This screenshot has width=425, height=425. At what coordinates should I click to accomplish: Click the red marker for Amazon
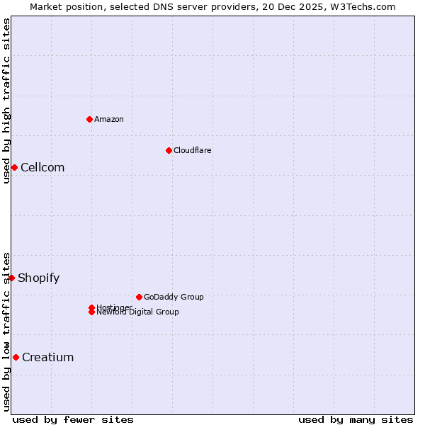coord(89,119)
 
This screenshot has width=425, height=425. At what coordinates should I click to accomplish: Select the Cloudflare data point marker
coord(169,150)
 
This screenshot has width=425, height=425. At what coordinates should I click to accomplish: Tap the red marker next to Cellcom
coord(14,167)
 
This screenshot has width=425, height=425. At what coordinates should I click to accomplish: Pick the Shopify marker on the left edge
coord(12,278)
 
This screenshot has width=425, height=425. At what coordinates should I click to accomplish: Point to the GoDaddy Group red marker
coord(139,297)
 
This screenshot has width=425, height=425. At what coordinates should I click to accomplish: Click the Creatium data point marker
coord(16,357)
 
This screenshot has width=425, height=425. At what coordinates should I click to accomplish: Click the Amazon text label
coord(108,119)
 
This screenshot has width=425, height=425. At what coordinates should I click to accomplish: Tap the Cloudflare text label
coord(192,150)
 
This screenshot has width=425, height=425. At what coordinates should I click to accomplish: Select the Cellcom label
coord(42,167)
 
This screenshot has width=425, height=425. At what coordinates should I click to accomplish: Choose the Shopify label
coord(38,278)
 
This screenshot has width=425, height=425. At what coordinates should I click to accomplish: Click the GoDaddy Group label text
coord(174,297)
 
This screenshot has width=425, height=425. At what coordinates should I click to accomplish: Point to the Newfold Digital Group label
coord(137,312)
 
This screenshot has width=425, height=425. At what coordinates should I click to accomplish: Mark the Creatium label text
coord(47,357)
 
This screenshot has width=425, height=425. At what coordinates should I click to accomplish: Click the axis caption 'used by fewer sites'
coord(73,419)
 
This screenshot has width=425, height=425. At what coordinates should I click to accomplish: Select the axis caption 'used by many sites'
coord(356,419)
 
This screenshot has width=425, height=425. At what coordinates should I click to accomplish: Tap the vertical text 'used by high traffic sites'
coord(6,101)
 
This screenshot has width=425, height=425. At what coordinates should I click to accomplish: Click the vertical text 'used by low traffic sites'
coord(6,331)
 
